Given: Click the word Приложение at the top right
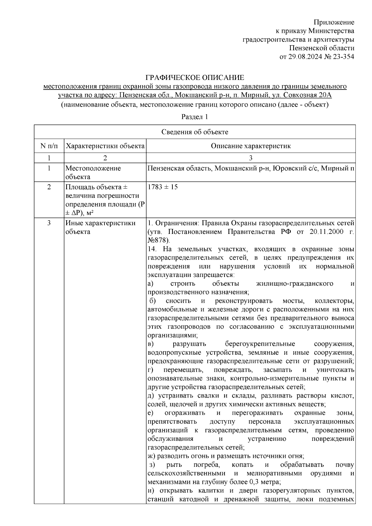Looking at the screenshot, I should point(334,22).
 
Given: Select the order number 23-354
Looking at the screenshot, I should point(343,57).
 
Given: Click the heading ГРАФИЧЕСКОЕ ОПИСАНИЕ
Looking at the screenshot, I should point(195,77).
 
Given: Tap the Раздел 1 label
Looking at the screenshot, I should point(194,117).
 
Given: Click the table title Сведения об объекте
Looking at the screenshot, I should point(195,132).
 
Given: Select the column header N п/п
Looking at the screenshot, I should point(49,146).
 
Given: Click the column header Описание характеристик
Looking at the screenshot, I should point(251,146).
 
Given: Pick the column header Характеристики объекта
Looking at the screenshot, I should point(105,146).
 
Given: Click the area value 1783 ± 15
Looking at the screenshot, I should point(162,187).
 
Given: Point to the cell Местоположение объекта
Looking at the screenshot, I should point(93,173).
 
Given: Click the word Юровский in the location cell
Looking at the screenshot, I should point(283,169).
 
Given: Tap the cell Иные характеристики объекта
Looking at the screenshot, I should point(100,227).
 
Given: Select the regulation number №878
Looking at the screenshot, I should point(158,240).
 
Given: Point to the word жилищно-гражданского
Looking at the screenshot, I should point(295,283).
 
